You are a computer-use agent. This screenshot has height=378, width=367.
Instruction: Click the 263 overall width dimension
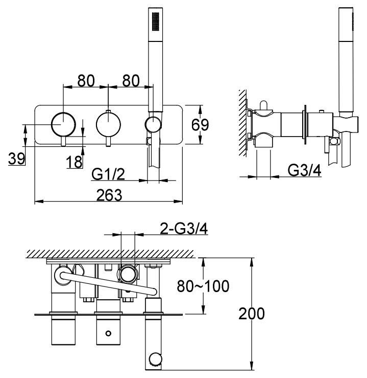pyautogui.click(x=107, y=195)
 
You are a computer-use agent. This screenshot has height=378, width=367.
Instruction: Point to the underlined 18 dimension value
pyautogui.click(x=74, y=162)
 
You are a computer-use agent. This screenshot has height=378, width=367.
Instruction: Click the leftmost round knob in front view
pyautogui.click(x=63, y=124)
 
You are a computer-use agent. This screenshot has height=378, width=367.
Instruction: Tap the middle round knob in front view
pyautogui.click(x=108, y=124)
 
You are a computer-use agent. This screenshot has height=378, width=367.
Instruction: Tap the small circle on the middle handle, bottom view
pyautogui.click(x=108, y=333)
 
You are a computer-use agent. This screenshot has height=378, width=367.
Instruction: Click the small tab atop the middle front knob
pyautogui.click(x=108, y=112)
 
